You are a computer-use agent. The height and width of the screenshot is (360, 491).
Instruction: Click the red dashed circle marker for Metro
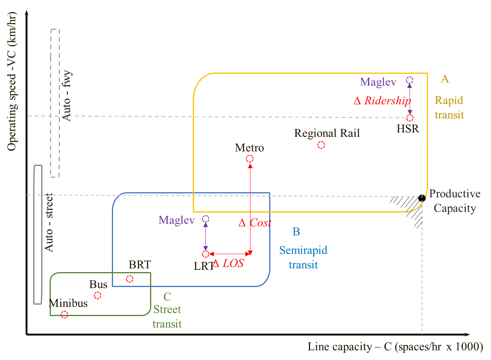pyautogui.click(x=249, y=159)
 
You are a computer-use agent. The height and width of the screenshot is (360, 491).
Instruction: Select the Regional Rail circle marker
pyautogui.click(x=321, y=145)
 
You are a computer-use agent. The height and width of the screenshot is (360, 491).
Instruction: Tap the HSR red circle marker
pyautogui.click(x=410, y=118)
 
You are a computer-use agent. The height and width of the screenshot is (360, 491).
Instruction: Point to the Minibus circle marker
pyautogui.click(x=64, y=314)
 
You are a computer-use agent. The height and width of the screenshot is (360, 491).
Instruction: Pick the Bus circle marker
pyautogui.click(x=97, y=295)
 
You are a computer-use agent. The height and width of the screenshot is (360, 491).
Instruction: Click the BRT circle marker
pyautogui.click(x=129, y=279)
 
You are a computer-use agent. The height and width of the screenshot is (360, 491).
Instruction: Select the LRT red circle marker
pyautogui.click(x=205, y=254)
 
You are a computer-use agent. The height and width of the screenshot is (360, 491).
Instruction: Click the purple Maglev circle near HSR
pyautogui.click(x=409, y=80)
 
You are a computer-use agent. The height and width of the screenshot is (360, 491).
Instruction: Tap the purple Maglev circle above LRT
pyautogui.click(x=205, y=219)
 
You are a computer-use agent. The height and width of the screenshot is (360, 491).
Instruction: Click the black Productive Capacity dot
pyautogui.click(x=422, y=198)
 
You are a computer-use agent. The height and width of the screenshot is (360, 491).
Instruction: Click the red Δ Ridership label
pyautogui.click(x=382, y=101)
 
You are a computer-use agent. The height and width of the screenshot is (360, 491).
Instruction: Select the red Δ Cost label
pyautogui.click(x=255, y=223)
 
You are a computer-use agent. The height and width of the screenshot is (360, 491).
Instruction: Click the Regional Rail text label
pyautogui.click(x=327, y=133)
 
